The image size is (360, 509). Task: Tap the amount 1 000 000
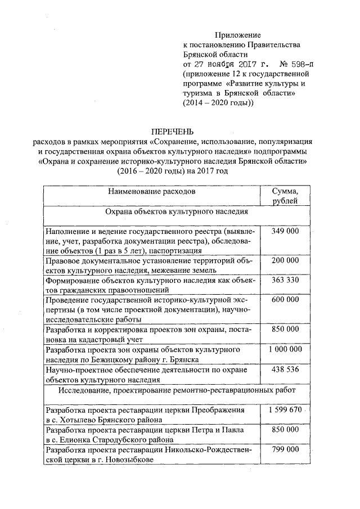[x=285, y=349]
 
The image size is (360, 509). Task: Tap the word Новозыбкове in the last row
[x=128, y=460]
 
